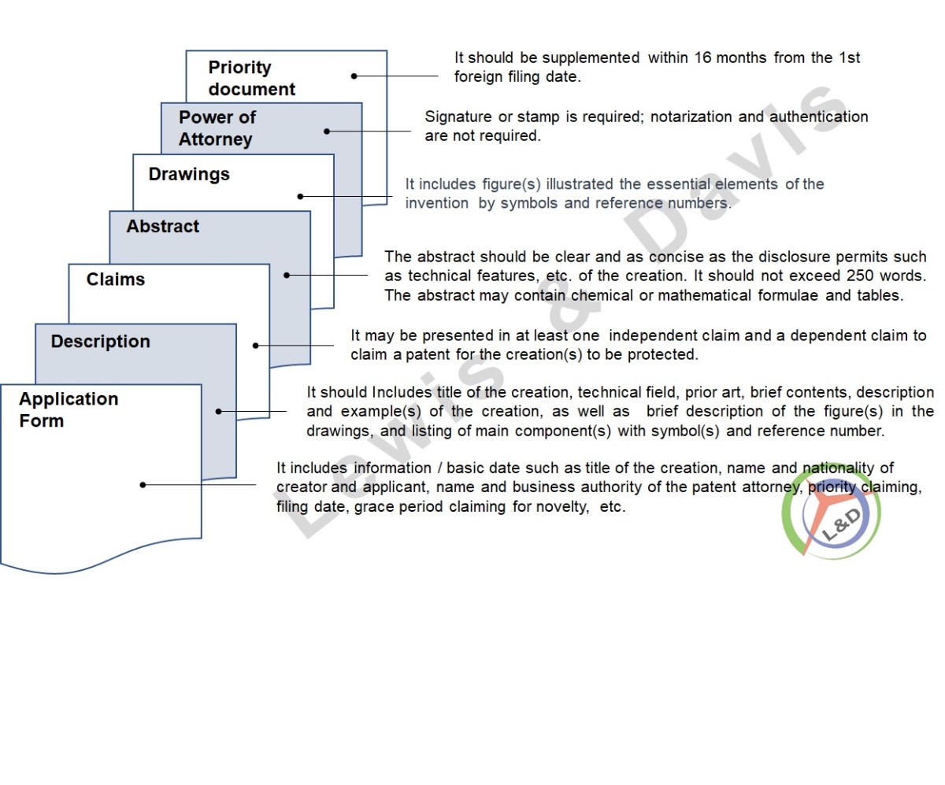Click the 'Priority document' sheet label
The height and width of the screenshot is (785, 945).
click(x=252, y=78)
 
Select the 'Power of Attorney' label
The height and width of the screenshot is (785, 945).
click(x=217, y=128)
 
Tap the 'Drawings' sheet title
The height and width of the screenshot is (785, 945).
click(x=189, y=174)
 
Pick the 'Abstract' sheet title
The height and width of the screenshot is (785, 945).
click(x=162, y=226)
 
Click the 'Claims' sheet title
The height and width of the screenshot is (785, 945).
click(x=116, y=280)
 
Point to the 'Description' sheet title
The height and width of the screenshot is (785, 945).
click(x=101, y=341)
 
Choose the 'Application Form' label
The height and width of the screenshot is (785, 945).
click(x=69, y=409)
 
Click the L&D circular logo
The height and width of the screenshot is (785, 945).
click(x=831, y=513)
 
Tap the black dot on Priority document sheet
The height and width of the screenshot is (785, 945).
click(x=354, y=76)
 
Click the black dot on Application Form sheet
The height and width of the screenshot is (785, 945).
click(x=143, y=485)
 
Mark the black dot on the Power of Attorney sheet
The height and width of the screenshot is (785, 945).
click(x=327, y=131)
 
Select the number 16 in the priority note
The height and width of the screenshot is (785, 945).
click(x=703, y=58)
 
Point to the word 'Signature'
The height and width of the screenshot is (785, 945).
click(x=458, y=117)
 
